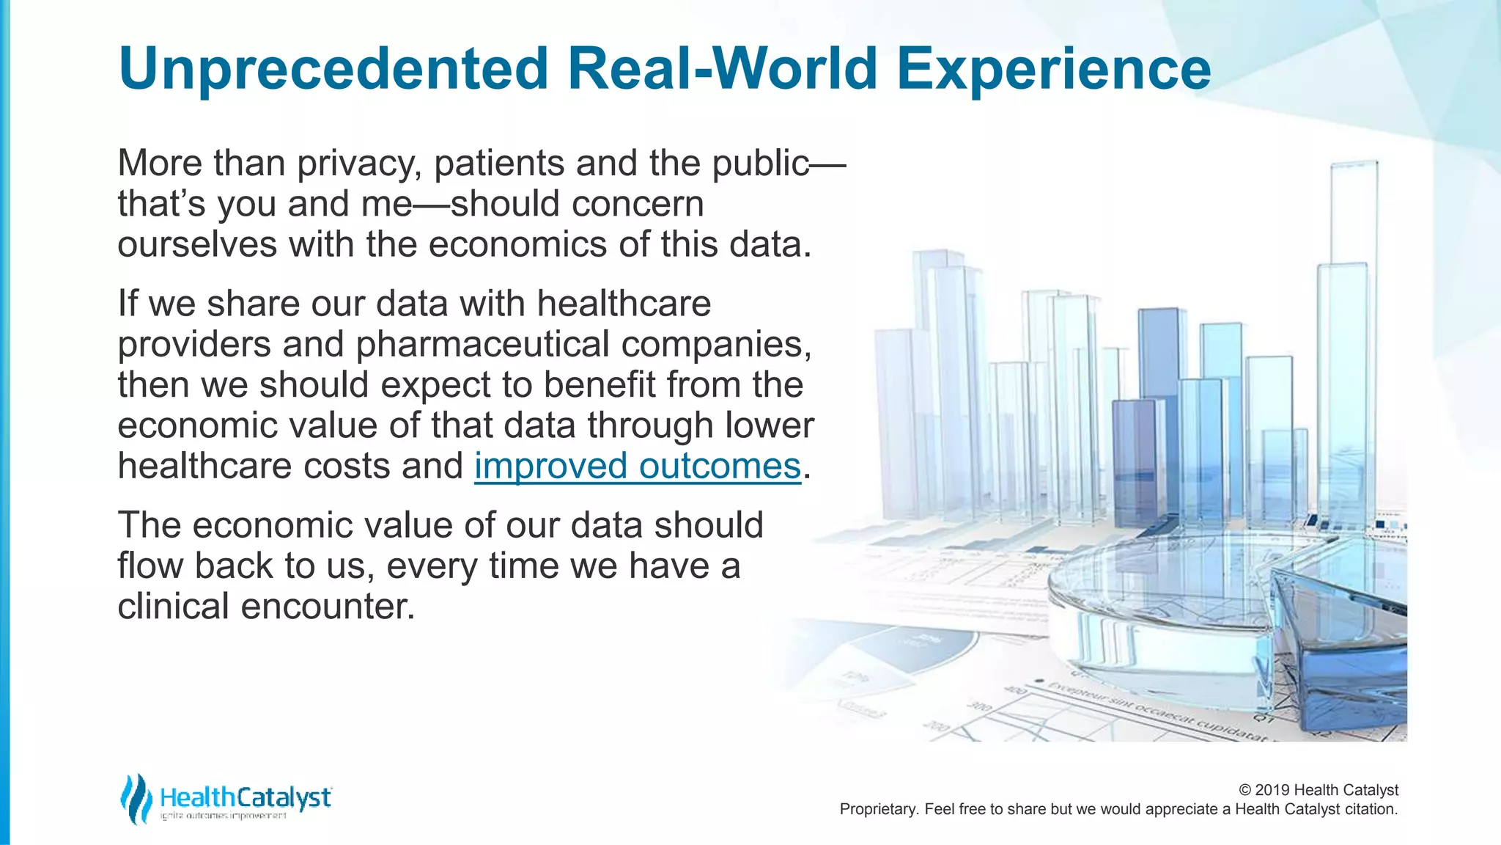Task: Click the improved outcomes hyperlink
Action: point(638,466)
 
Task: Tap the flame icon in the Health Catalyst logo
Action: point(136,799)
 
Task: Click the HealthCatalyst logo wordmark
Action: point(246,797)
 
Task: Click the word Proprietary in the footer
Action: point(878,809)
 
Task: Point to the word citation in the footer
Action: point(1371,809)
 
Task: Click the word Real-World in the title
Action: point(722,68)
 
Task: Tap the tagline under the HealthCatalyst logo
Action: point(224,816)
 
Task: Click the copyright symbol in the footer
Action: point(1244,790)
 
